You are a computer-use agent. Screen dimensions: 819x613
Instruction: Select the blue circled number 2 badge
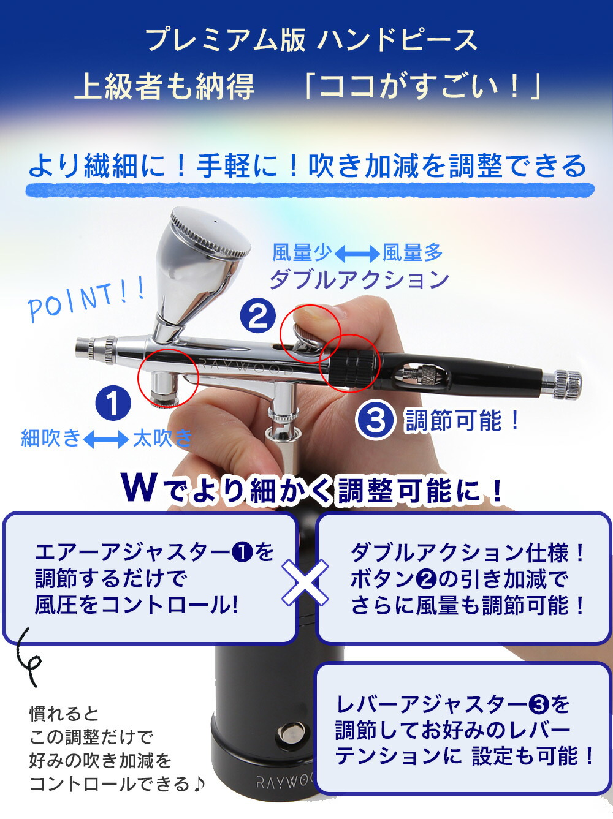coord(257,317)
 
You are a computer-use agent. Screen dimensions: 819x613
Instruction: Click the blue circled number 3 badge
coord(375,421)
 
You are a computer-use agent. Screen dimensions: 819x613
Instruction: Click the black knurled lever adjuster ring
coord(354,369)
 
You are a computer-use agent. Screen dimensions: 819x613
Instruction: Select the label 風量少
coord(302,252)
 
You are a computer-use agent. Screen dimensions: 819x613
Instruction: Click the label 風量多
coord(412,252)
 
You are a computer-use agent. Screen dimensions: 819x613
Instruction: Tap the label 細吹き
coord(51,438)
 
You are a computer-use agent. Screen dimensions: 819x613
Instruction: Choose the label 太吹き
coord(162,438)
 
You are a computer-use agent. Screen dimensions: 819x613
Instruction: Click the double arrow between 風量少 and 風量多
coord(357,253)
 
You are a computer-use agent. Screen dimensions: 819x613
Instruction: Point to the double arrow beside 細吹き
coord(106,439)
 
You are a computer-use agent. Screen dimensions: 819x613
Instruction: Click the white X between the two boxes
coord(305,582)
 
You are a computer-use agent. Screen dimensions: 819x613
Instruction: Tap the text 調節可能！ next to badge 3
coord(463,421)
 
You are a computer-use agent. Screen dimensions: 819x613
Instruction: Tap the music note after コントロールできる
coord(198,784)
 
